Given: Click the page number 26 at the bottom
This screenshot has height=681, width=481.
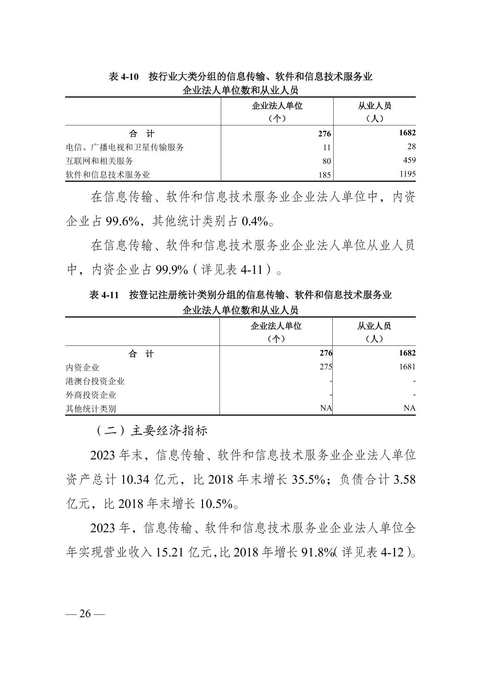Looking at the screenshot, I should [x=85, y=614].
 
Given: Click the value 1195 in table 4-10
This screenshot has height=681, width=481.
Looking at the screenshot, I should [x=408, y=174].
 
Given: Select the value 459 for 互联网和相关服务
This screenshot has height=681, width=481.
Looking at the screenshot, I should [x=409, y=160].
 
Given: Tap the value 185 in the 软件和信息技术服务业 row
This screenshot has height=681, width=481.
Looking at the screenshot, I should [x=325, y=175].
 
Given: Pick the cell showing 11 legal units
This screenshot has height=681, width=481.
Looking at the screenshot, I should [x=326, y=147].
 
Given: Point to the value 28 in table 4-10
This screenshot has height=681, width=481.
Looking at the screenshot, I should [x=412, y=147].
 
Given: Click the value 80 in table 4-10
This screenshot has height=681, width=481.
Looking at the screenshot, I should [x=326, y=161].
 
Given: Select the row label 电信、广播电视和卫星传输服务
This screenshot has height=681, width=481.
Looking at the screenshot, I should [x=125, y=147].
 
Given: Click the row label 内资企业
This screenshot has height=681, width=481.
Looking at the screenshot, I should [x=82, y=367].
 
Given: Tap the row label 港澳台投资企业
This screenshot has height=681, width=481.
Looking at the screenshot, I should [x=95, y=381].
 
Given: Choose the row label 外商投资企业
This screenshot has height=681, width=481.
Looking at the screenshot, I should [x=91, y=395].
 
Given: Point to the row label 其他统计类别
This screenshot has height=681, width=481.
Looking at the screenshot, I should [x=91, y=408].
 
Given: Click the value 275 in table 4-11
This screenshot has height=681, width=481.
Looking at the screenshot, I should [x=326, y=366].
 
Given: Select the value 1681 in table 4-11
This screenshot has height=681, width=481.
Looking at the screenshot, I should [x=407, y=366].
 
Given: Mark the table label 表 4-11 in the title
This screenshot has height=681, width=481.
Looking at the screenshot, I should [x=104, y=295].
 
